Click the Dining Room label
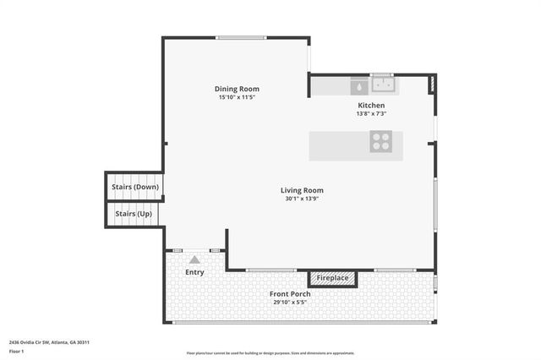(x=237, y=89)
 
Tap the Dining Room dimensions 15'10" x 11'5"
(x=237, y=97)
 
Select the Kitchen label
(x=371, y=105)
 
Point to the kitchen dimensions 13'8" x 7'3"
(x=371, y=113)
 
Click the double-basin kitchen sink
(x=383, y=85)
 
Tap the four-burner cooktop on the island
(x=381, y=142)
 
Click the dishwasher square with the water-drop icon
(x=358, y=85)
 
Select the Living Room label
(x=302, y=190)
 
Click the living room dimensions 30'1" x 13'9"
(x=302, y=199)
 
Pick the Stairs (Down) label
(x=135, y=187)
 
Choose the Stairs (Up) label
(x=134, y=214)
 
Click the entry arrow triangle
(x=194, y=260)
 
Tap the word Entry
(x=194, y=272)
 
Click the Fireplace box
(x=332, y=277)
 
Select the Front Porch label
(x=290, y=294)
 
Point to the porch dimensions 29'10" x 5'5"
(x=290, y=302)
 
